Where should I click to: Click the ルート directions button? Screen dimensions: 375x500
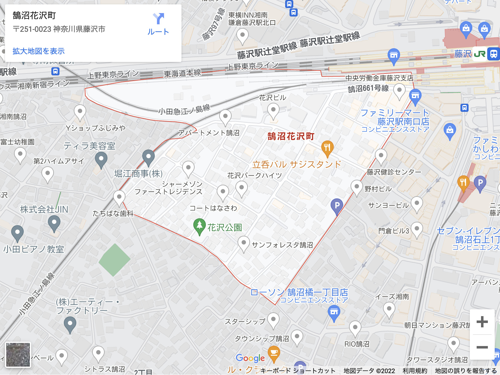158,24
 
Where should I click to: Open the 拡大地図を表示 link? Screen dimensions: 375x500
39,51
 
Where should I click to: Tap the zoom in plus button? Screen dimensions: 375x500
482,322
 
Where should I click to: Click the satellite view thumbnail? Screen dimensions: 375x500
18,355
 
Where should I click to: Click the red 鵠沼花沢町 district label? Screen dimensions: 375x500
291,136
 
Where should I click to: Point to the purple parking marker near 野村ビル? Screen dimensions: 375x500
337,206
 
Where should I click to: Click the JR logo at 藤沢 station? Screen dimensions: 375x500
479,54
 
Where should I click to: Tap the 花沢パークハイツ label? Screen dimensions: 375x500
254,176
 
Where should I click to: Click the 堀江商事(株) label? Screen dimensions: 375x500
138,173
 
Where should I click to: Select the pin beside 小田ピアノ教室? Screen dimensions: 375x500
17,233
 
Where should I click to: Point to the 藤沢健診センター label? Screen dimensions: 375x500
394,172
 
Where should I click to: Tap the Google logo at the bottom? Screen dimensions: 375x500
250,358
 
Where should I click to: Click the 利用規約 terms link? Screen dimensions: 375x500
415,371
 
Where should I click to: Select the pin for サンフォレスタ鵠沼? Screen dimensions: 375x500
243,243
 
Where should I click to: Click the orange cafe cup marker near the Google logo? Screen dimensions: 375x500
274,353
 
